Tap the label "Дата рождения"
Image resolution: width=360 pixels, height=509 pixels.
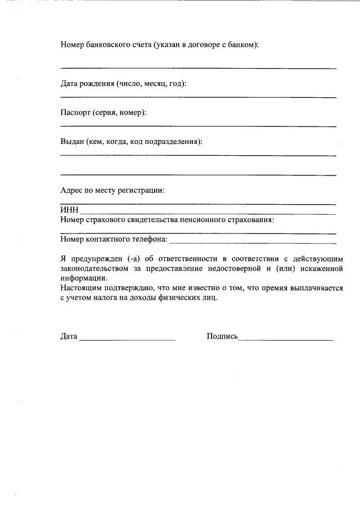[87, 84]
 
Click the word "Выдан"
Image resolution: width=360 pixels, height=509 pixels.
[72, 141]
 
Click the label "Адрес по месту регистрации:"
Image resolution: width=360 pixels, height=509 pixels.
[112, 190]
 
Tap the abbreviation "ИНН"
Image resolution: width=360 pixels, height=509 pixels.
[69, 210]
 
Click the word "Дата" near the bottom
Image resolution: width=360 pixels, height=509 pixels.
[69, 337]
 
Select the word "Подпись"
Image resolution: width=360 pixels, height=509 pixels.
[222, 337]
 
